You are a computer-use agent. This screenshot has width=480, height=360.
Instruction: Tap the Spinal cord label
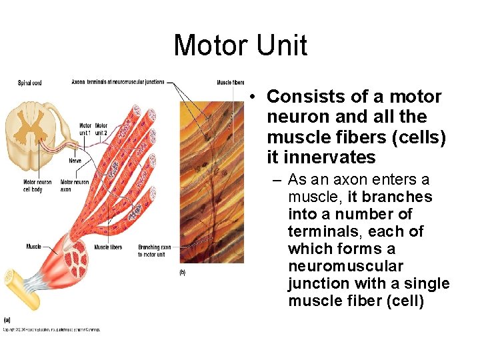(x=29, y=83)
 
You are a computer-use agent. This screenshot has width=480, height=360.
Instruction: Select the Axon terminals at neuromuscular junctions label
(x=118, y=82)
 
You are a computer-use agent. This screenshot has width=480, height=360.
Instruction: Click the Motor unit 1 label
(x=85, y=129)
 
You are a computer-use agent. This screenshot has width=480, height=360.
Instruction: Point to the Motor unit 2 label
(x=101, y=129)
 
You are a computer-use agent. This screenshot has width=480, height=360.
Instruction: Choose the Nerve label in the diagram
(x=75, y=160)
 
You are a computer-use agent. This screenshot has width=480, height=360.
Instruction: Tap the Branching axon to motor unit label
(x=154, y=250)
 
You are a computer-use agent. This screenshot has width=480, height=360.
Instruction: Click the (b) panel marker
(x=183, y=271)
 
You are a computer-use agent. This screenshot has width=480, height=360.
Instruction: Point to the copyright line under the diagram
(x=52, y=329)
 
